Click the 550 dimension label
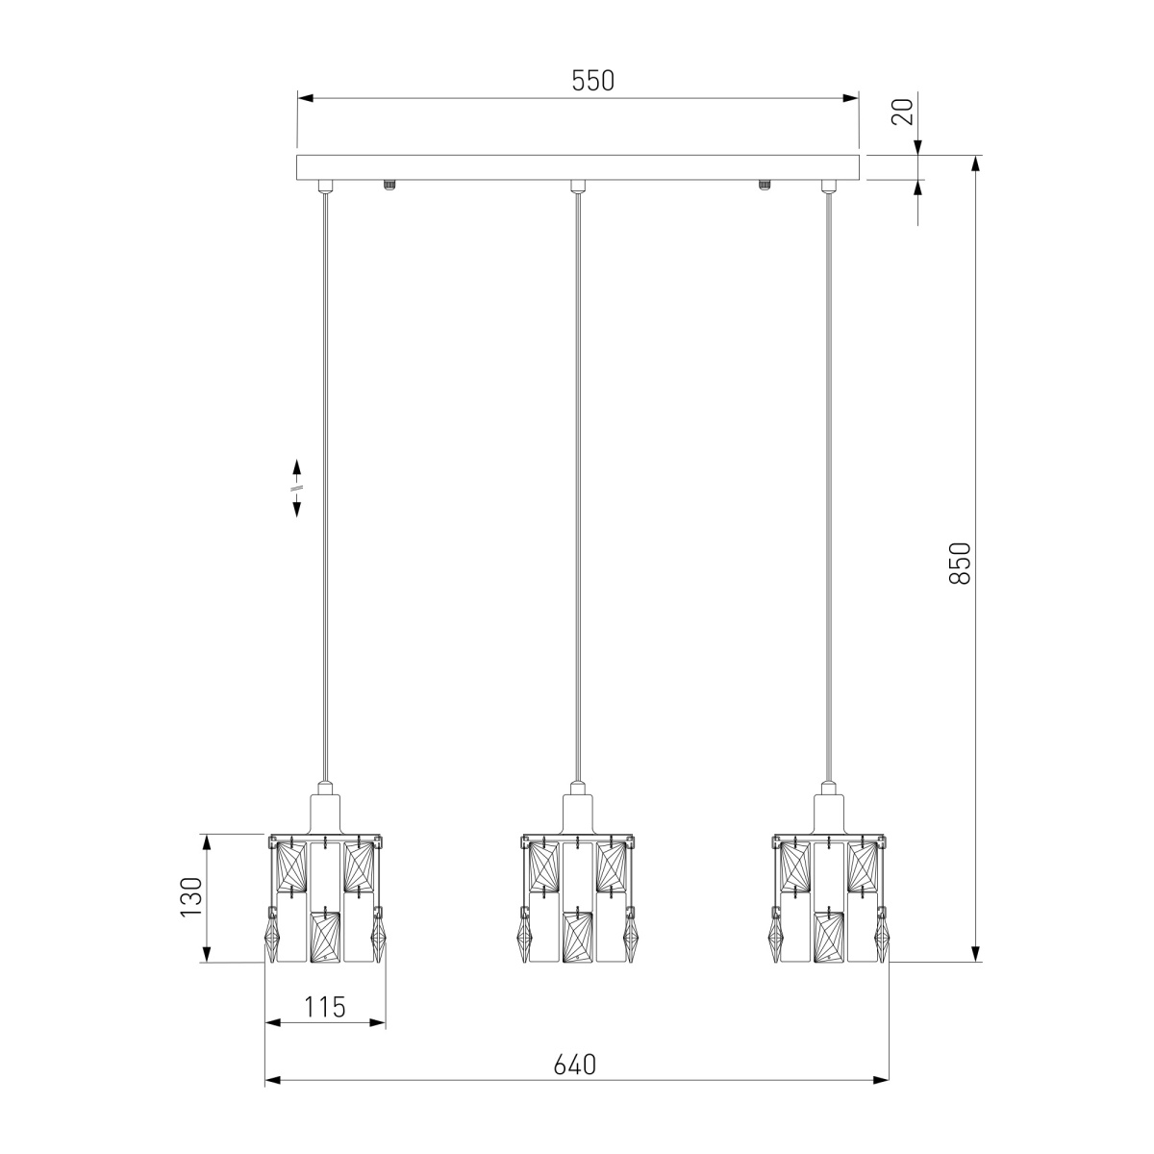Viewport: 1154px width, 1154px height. (592, 80)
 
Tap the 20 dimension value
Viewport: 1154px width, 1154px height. (902, 111)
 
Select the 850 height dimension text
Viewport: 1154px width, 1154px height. (960, 563)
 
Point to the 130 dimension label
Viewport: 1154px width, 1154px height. (191, 897)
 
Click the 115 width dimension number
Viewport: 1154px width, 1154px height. (325, 1007)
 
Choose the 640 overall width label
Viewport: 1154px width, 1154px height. (575, 1065)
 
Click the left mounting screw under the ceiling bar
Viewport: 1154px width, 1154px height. (389, 184)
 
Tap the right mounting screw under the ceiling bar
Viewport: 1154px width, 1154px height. (764, 184)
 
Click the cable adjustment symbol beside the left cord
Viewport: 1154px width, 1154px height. (296, 488)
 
